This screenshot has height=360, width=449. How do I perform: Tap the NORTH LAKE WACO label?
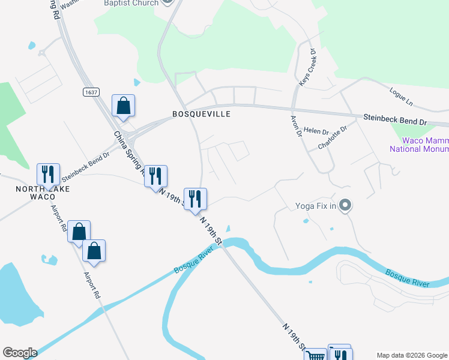(43, 193)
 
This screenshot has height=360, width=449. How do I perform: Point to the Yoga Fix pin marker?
(345, 206)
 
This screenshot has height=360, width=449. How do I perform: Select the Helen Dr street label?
(316, 130)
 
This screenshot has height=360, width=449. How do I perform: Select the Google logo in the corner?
(19, 353)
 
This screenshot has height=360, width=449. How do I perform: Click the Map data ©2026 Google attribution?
(412, 355)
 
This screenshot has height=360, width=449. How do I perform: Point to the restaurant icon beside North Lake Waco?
(47, 174)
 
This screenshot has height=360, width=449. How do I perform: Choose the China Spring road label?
(128, 152)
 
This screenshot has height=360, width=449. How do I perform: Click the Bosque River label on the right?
(408, 278)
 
